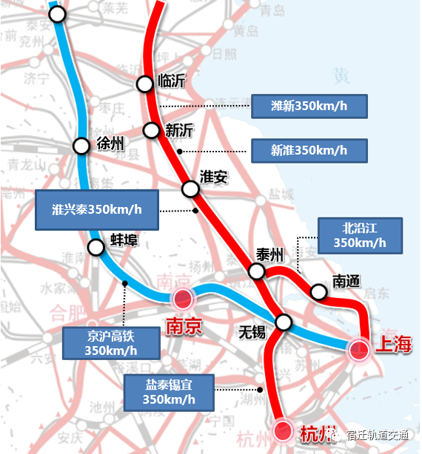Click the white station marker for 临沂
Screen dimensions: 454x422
click(145, 84)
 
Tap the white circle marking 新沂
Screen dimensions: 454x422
click(152, 131)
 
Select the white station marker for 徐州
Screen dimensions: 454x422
click(81, 146)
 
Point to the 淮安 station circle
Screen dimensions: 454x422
click(190, 189)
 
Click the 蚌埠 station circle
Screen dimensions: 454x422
click(96, 248)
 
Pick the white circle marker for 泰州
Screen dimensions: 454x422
click(257, 272)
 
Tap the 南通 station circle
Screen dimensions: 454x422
click(318, 292)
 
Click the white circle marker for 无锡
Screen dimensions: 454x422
click(284, 322)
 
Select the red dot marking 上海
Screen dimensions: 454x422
click(359, 349)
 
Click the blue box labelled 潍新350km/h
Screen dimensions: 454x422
click(309, 106)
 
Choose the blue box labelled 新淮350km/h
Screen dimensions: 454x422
click(309, 150)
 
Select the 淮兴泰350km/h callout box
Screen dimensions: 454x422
click(97, 209)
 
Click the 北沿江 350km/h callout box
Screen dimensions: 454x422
click(359, 234)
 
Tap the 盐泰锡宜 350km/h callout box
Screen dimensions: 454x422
click(170, 393)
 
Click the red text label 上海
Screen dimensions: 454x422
click(392, 345)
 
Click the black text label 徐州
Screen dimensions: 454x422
click(110, 143)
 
